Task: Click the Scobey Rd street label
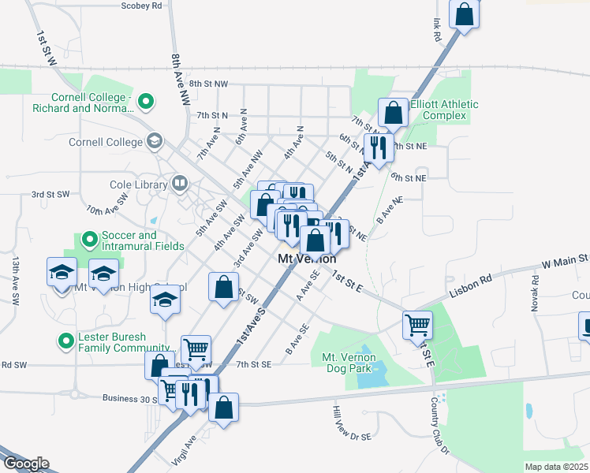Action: click(142, 5)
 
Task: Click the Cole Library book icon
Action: click(181, 184)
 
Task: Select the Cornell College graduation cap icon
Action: click(155, 142)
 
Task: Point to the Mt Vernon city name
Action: click(307, 259)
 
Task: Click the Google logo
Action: click(25, 464)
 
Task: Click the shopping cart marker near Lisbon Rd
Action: click(417, 323)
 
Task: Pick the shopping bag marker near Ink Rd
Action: click(465, 13)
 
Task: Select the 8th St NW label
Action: click(208, 84)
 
